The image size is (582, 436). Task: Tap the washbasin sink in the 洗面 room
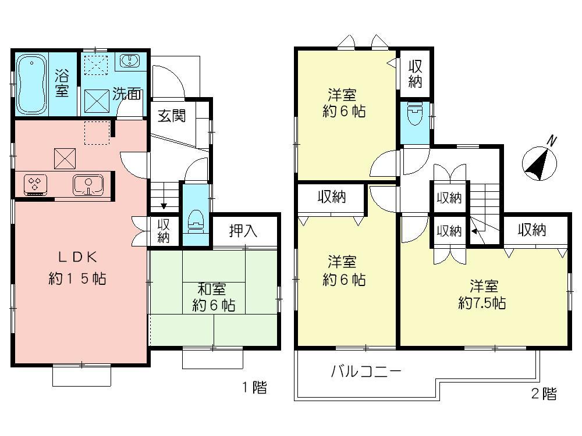(x=129, y=60)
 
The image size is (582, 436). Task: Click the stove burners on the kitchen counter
(x=34, y=185)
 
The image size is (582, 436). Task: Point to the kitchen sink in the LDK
(x=87, y=185)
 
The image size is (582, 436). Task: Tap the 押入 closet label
(x=243, y=231)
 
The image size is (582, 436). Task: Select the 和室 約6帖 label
(x=214, y=296)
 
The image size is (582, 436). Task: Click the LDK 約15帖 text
(x=76, y=268)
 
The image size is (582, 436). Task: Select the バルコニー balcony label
(x=366, y=371)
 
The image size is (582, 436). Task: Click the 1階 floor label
(x=254, y=388)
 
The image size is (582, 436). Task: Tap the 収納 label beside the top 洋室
(x=414, y=73)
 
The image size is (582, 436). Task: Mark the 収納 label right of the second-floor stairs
(x=532, y=230)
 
